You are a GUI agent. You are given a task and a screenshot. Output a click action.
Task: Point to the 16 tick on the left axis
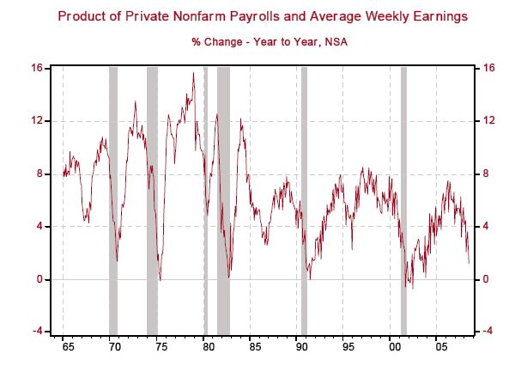click(x=38, y=68)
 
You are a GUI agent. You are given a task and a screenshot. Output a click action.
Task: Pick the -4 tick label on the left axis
click(x=38, y=332)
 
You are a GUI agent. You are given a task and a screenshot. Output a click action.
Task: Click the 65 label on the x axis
click(x=68, y=351)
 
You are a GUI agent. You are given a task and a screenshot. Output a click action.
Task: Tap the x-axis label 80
click(x=208, y=351)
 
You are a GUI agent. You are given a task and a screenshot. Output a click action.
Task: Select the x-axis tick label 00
click(x=394, y=351)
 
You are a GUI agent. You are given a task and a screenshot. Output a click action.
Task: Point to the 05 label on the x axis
click(x=440, y=351)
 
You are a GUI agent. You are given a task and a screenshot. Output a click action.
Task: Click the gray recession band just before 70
click(x=113, y=198)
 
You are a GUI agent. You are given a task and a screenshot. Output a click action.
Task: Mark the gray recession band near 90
click(x=304, y=198)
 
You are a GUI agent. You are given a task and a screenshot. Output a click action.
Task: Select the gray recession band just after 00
click(x=403, y=198)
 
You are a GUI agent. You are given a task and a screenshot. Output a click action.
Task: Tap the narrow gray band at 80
click(x=205, y=198)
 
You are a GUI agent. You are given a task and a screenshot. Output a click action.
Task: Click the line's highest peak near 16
click(x=193, y=73)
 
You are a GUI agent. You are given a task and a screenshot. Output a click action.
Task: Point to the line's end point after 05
click(x=469, y=262)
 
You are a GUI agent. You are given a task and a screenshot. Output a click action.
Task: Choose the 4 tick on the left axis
click(x=40, y=226)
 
